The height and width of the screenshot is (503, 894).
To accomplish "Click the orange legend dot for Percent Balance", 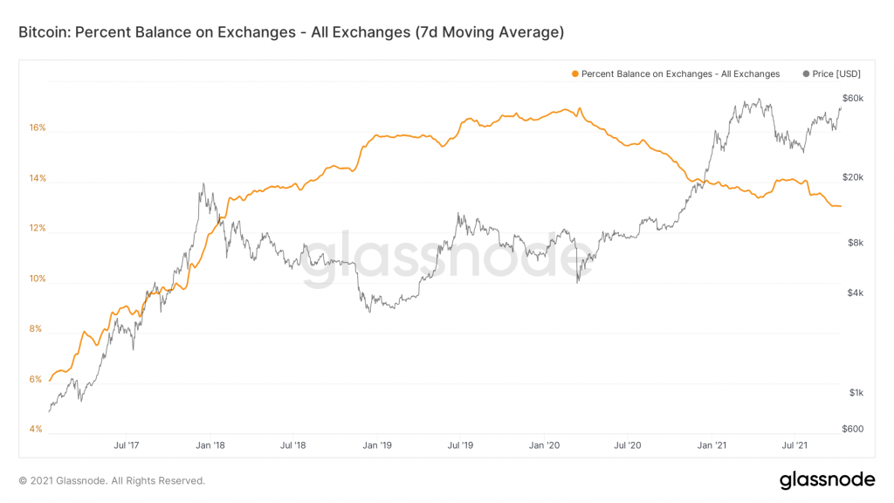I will tap(574, 74).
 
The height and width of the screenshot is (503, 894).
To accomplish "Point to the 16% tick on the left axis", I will tap(37, 127).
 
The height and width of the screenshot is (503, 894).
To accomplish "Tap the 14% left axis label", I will tap(37, 179).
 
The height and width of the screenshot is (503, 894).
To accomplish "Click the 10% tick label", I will tap(37, 279).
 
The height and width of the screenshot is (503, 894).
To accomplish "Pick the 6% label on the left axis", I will tap(37, 379).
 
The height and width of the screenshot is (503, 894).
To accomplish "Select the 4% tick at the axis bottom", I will tap(37, 429).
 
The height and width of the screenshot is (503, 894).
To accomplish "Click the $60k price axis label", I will tap(852, 98).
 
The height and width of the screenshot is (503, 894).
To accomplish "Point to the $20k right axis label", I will tap(852, 177).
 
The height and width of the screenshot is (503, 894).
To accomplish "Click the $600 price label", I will tap(852, 429).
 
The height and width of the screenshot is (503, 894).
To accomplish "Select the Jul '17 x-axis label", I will tap(127, 445).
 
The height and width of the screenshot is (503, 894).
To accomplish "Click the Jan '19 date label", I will tap(376, 445).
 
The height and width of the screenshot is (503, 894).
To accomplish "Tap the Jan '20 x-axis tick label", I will tap(544, 445).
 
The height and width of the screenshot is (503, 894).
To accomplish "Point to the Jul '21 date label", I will tap(794, 445).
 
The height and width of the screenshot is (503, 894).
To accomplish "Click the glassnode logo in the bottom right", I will tap(826, 479).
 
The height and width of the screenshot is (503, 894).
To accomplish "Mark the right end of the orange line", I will tap(841, 206).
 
